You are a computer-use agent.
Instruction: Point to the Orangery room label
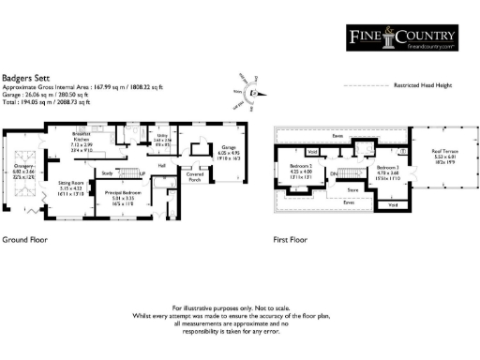coord(22,170)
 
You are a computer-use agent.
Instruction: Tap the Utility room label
coord(161,138)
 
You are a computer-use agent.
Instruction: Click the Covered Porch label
coord(195,175)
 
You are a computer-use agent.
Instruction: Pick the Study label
coord(108,173)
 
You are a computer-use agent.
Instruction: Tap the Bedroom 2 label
coord(300,166)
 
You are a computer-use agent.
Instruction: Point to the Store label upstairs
coord(353,189)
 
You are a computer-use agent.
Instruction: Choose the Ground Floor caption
coord(25,240)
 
